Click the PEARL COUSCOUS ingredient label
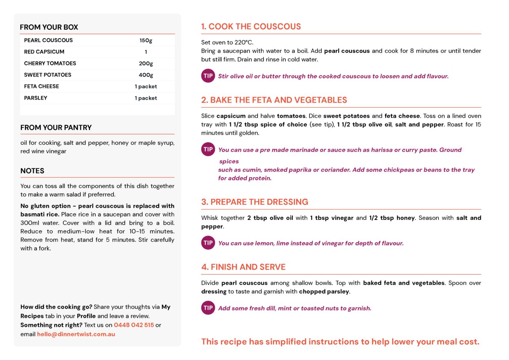point(48,40)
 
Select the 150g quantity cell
point(146,40)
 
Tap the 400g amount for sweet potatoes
point(146,75)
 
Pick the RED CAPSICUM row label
point(44,52)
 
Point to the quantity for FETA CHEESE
point(146,87)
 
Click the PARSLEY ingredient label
point(36,98)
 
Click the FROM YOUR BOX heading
point(49,27)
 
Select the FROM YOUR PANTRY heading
point(56,128)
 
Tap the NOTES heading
point(32,171)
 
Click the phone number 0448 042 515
point(134,325)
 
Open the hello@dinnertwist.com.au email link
point(76,334)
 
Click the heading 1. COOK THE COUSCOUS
point(251,26)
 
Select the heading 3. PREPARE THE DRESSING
point(255,202)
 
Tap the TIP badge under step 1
point(208,76)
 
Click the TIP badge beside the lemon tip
point(208,243)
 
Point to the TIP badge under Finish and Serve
point(208,308)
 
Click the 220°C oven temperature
point(243,42)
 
